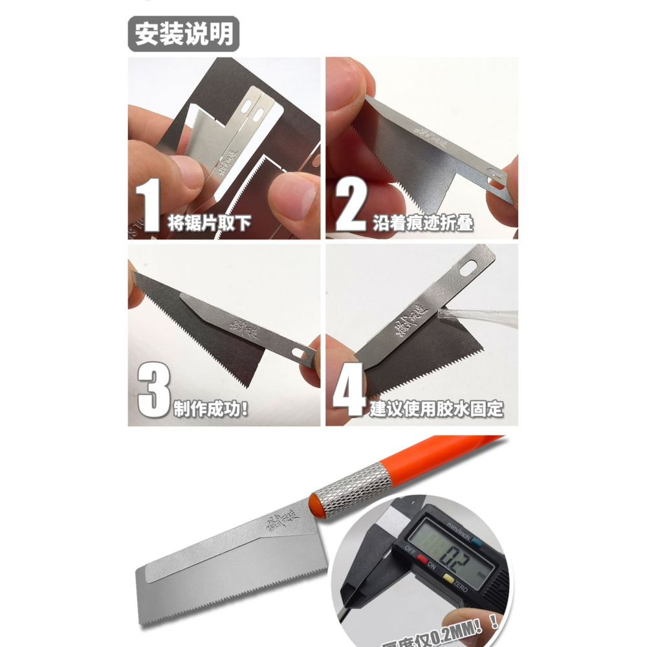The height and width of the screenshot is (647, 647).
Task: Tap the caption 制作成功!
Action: pos(211,409)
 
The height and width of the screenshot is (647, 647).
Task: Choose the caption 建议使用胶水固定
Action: pos(437,409)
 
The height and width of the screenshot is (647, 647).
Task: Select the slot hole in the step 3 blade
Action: pos(299,353)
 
